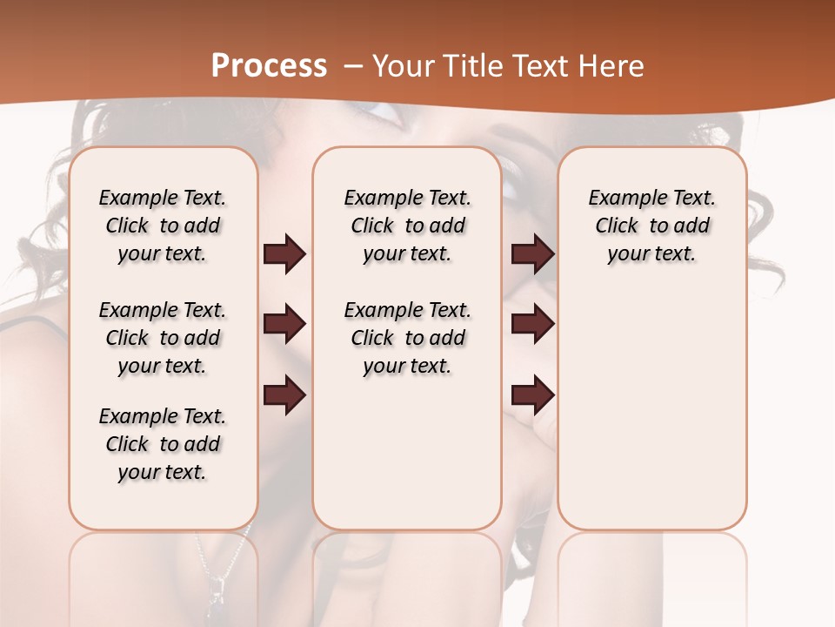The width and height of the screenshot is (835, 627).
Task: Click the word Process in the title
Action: point(269,66)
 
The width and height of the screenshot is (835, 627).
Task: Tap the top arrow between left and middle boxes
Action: point(284,254)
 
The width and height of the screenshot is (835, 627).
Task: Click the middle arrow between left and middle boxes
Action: point(284,325)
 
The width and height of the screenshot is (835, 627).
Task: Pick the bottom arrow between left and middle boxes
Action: point(284,396)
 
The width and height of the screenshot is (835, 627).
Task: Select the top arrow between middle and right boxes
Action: point(532,254)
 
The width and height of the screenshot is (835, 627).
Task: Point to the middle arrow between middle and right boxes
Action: point(532,325)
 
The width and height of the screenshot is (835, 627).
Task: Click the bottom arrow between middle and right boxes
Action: point(532,396)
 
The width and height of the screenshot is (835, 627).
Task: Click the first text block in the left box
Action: point(163,226)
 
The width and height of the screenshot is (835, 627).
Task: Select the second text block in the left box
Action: point(163,338)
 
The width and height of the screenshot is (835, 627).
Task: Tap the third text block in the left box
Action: point(163,444)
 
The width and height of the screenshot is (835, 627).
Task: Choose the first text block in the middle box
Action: point(407,226)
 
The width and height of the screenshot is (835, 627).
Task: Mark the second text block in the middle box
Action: point(407,338)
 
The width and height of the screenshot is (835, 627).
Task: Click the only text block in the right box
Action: point(651,226)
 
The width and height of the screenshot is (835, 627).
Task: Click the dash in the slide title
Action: point(353,66)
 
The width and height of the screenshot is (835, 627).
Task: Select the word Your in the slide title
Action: point(399,66)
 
